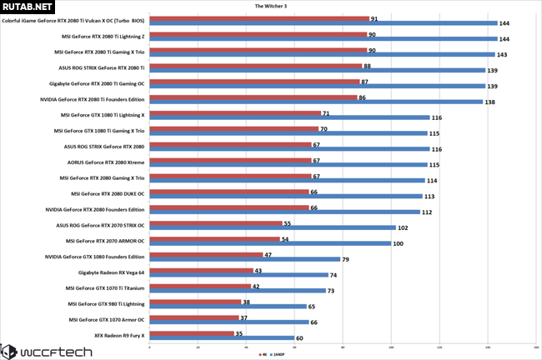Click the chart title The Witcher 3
tap(271, 5)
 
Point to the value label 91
tap(374, 18)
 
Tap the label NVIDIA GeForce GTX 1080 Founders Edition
tap(95, 256)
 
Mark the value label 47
tap(268, 255)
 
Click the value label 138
tap(490, 102)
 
